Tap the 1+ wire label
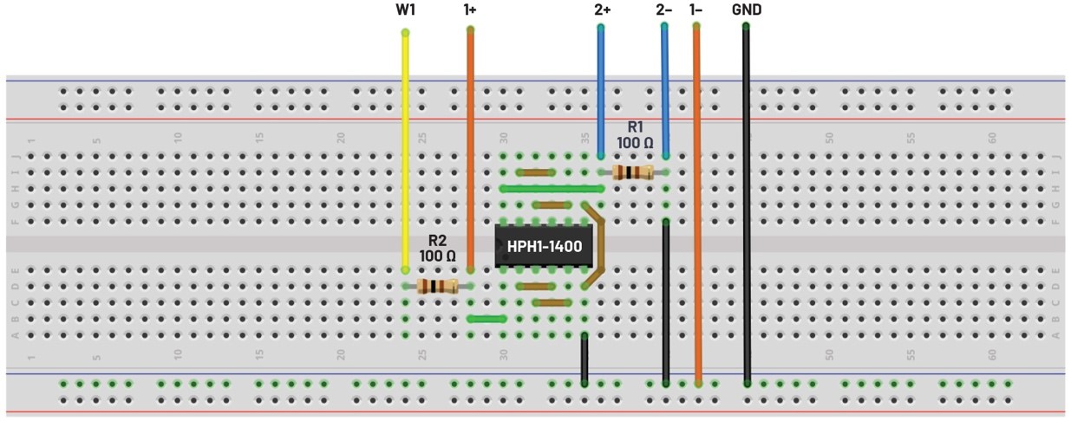[470, 10]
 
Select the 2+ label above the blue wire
[602, 10]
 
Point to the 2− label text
[663, 10]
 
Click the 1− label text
[695, 10]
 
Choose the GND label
[747, 10]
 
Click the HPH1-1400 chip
[544, 247]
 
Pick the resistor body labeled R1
[632, 172]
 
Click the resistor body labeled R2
[437, 286]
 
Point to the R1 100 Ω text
[635, 135]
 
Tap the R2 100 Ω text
[437, 249]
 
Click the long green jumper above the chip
[552, 188]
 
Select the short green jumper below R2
[486, 319]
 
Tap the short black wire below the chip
[584, 358]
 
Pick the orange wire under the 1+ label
[470, 147]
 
